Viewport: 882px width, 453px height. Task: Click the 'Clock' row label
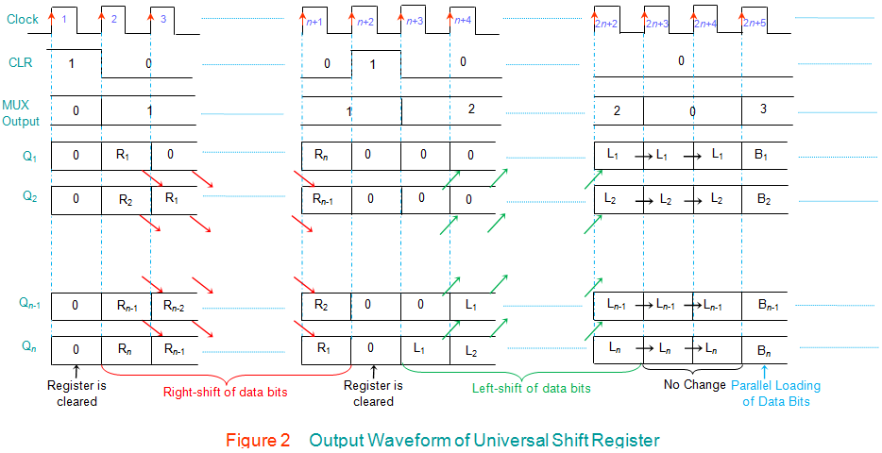click(23, 19)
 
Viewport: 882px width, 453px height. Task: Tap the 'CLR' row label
click(21, 63)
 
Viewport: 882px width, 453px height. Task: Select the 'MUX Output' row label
click(21, 113)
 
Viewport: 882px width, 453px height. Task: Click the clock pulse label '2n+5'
click(755, 22)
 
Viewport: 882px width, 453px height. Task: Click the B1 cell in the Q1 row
click(763, 154)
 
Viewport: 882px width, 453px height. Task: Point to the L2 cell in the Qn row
click(470, 350)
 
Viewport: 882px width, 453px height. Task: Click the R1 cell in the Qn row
click(323, 348)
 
